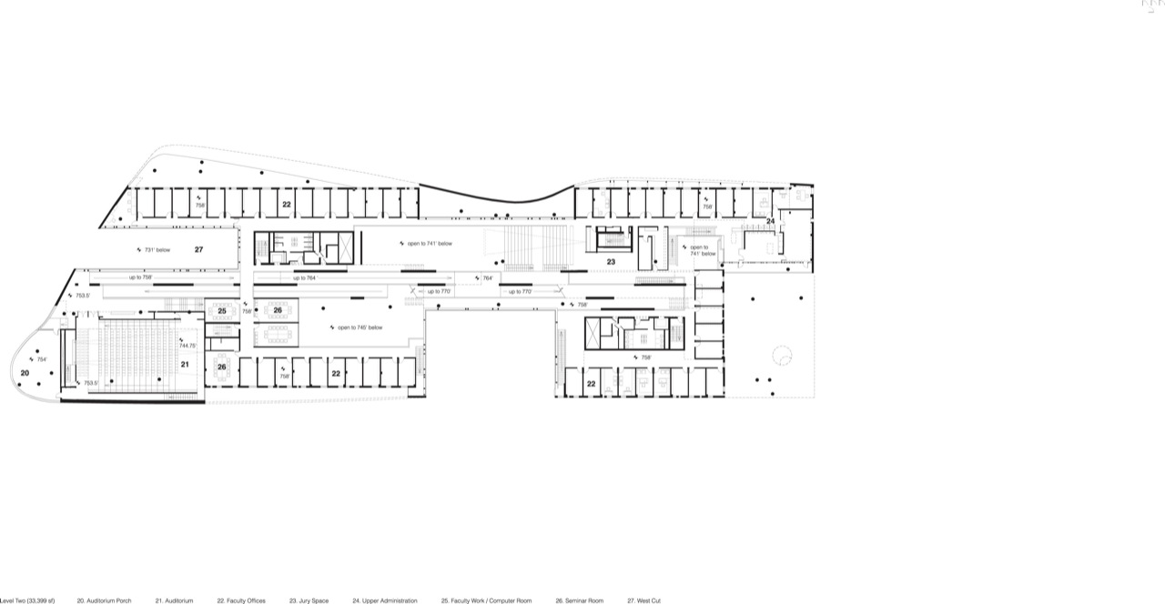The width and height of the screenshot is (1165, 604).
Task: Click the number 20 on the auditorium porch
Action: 25,373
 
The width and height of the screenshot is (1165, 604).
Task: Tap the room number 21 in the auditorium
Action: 184,364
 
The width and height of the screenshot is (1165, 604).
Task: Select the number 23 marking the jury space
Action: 612,262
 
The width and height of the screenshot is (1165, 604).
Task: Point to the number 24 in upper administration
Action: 770,221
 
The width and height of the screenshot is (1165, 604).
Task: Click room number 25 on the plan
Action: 221,311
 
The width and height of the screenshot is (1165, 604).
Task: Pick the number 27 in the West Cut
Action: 198,247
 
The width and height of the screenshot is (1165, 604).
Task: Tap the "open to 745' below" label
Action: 360,327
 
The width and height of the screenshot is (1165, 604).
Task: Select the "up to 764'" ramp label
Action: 304,277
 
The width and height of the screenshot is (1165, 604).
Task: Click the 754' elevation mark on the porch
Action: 41,359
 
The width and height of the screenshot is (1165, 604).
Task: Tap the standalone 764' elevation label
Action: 487,277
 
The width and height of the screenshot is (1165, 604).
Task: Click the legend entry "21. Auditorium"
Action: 174,600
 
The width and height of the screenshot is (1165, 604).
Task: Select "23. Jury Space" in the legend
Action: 309,600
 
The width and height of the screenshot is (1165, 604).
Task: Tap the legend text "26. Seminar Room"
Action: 579,600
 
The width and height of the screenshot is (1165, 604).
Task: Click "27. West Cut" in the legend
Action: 643,600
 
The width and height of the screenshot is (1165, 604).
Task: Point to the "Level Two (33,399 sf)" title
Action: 27,600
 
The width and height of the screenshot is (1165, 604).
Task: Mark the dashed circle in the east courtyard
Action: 782,354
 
